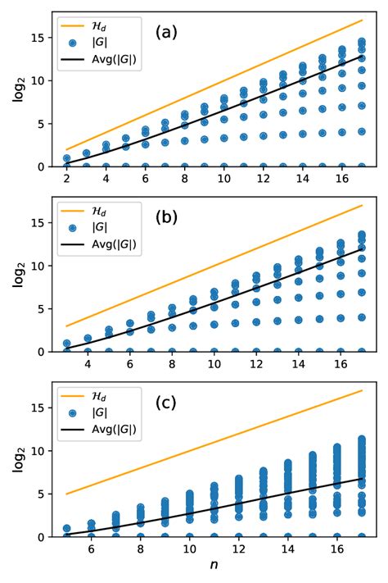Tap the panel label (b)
coord(168,219)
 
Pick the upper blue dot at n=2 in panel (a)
coord(67,158)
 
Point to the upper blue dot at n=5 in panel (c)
coord(67,529)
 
